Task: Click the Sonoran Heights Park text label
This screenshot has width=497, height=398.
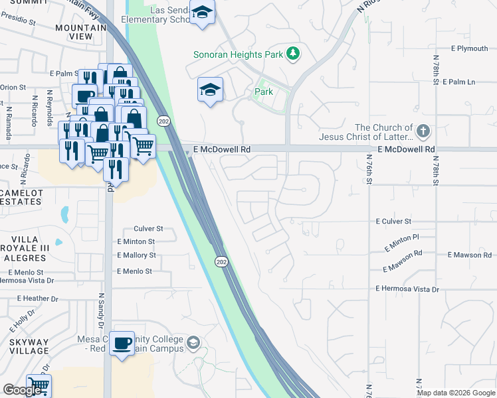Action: click(x=238, y=54)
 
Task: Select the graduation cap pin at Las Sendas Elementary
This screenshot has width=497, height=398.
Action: click(x=202, y=12)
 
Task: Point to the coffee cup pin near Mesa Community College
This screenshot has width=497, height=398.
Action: click(x=122, y=344)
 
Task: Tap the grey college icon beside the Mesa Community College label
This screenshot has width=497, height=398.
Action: click(x=193, y=343)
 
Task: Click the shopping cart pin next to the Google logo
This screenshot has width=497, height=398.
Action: click(x=39, y=384)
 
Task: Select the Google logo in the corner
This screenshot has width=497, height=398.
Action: click(x=23, y=390)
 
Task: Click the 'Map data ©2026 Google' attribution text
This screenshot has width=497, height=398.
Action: click(x=456, y=393)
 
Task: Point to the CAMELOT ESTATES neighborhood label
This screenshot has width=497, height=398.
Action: click(x=22, y=198)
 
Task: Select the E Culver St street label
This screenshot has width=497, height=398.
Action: click(x=393, y=221)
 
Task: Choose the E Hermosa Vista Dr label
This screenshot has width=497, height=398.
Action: click(x=407, y=289)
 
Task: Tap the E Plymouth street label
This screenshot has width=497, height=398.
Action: click(x=469, y=48)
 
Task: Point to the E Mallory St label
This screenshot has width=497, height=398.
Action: click(x=136, y=255)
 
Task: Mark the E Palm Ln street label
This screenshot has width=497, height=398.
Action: click(x=472, y=82)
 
